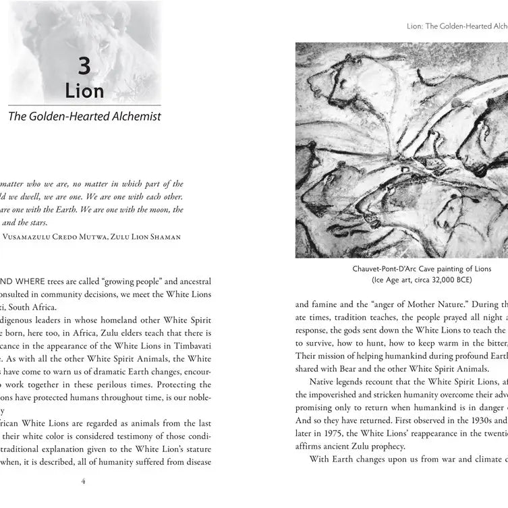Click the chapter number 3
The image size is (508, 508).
point(84,66)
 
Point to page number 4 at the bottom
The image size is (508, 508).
point(82,482)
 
